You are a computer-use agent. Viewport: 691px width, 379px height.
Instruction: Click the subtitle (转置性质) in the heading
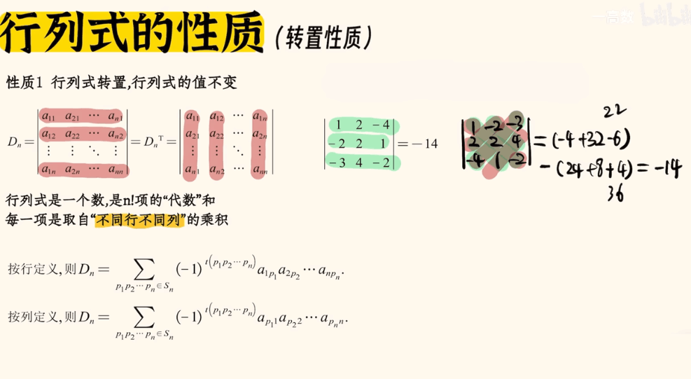pos(323,36)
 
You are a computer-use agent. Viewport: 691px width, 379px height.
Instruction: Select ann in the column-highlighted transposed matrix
pos(260,169)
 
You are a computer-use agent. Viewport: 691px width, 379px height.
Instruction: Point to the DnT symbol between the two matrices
pos(158,142)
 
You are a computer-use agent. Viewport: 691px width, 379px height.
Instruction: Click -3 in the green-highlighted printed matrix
pos(339,162)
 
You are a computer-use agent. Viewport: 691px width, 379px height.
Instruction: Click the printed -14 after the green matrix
pos(424,144)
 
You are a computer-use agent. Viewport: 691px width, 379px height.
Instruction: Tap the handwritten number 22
pos(615,110)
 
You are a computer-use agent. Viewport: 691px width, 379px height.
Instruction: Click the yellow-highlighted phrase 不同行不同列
pos(140,220)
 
